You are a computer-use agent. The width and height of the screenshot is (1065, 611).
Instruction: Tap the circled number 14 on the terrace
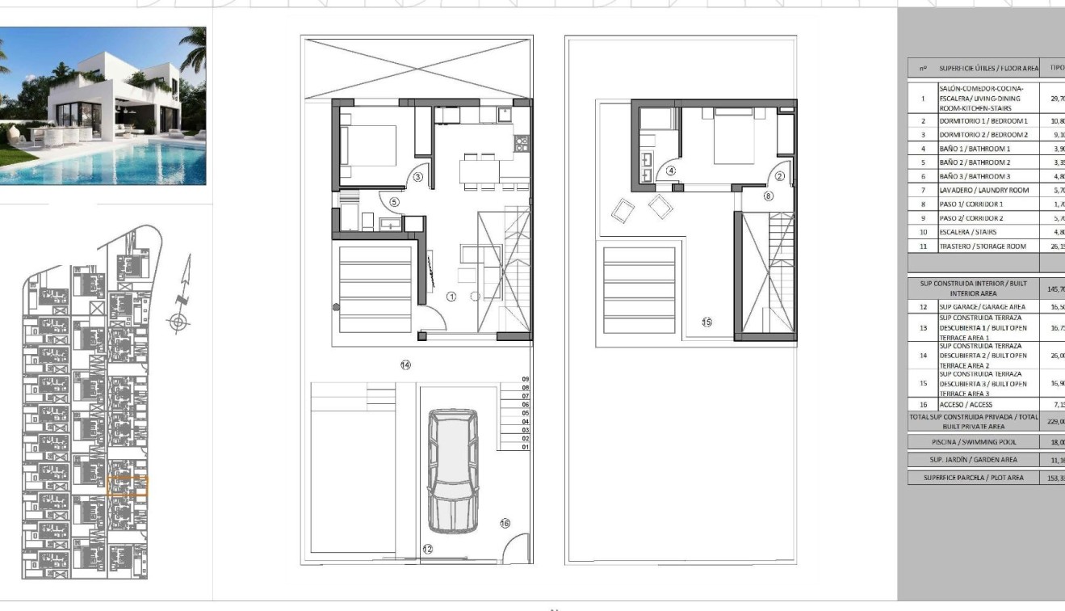(x=405, y=365)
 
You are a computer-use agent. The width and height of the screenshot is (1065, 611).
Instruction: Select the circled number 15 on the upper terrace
(x=707, y=322)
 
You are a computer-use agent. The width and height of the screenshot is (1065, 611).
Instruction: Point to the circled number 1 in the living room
(x=451, y=297)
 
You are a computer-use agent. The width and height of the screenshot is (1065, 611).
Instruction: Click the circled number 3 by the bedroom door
(x=418, y=177)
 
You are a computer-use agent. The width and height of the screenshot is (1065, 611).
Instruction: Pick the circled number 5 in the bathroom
(x=394, y=202)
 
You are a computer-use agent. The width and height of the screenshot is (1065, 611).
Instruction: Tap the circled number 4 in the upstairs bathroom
(x=670, y=171)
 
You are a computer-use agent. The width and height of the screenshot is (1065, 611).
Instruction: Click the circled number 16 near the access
(x=505, y=524)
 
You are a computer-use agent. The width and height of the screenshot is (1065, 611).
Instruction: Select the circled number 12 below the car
(x=427, y=549)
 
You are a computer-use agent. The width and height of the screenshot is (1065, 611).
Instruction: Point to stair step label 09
(x=525, y=379)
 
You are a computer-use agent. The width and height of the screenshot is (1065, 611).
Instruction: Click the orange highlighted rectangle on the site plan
(x=128, y=486)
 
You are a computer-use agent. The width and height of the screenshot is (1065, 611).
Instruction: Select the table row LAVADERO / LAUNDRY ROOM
(x=983, y=190)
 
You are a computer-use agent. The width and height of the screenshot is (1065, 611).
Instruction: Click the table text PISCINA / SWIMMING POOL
(x=973, y=442)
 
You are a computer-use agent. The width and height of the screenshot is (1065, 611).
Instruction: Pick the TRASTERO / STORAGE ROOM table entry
(x=983, y=246)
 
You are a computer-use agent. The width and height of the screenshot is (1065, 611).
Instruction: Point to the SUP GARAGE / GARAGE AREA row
(x=982, y=307)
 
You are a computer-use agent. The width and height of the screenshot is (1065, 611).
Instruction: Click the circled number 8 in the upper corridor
(x=768, y=196)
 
